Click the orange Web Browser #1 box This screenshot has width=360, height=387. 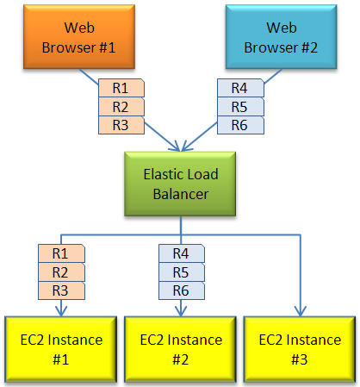click(79, 37)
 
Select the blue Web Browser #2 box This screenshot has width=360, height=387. click(282, 37)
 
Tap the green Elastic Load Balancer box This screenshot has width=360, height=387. click(180, 184)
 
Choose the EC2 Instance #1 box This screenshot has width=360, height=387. click(61, 349)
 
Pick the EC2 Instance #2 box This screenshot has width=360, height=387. click(181, 349)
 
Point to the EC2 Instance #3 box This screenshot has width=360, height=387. click(300, 349)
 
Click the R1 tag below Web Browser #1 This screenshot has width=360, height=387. click(121, 88)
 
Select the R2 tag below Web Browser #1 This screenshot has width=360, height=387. click(121, 107)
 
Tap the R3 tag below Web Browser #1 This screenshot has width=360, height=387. click(121, 125)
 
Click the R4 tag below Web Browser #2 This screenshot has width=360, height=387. click(240, 88)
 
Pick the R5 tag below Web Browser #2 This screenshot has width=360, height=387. click(240, 107)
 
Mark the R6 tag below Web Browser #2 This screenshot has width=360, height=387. click(240, 125)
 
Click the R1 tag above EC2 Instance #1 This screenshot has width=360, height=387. click(61, 253)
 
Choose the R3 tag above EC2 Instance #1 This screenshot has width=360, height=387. click(61, 290)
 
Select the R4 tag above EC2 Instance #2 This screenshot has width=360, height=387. click(182, 253)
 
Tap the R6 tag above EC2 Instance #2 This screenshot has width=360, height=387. click(182, 290)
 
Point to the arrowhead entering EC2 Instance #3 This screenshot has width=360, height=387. click(301, 312)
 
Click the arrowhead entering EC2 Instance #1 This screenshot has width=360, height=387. click(61, 312)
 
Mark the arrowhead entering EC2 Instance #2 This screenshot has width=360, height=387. click(181, 312)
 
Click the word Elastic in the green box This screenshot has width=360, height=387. click(164, 174)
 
